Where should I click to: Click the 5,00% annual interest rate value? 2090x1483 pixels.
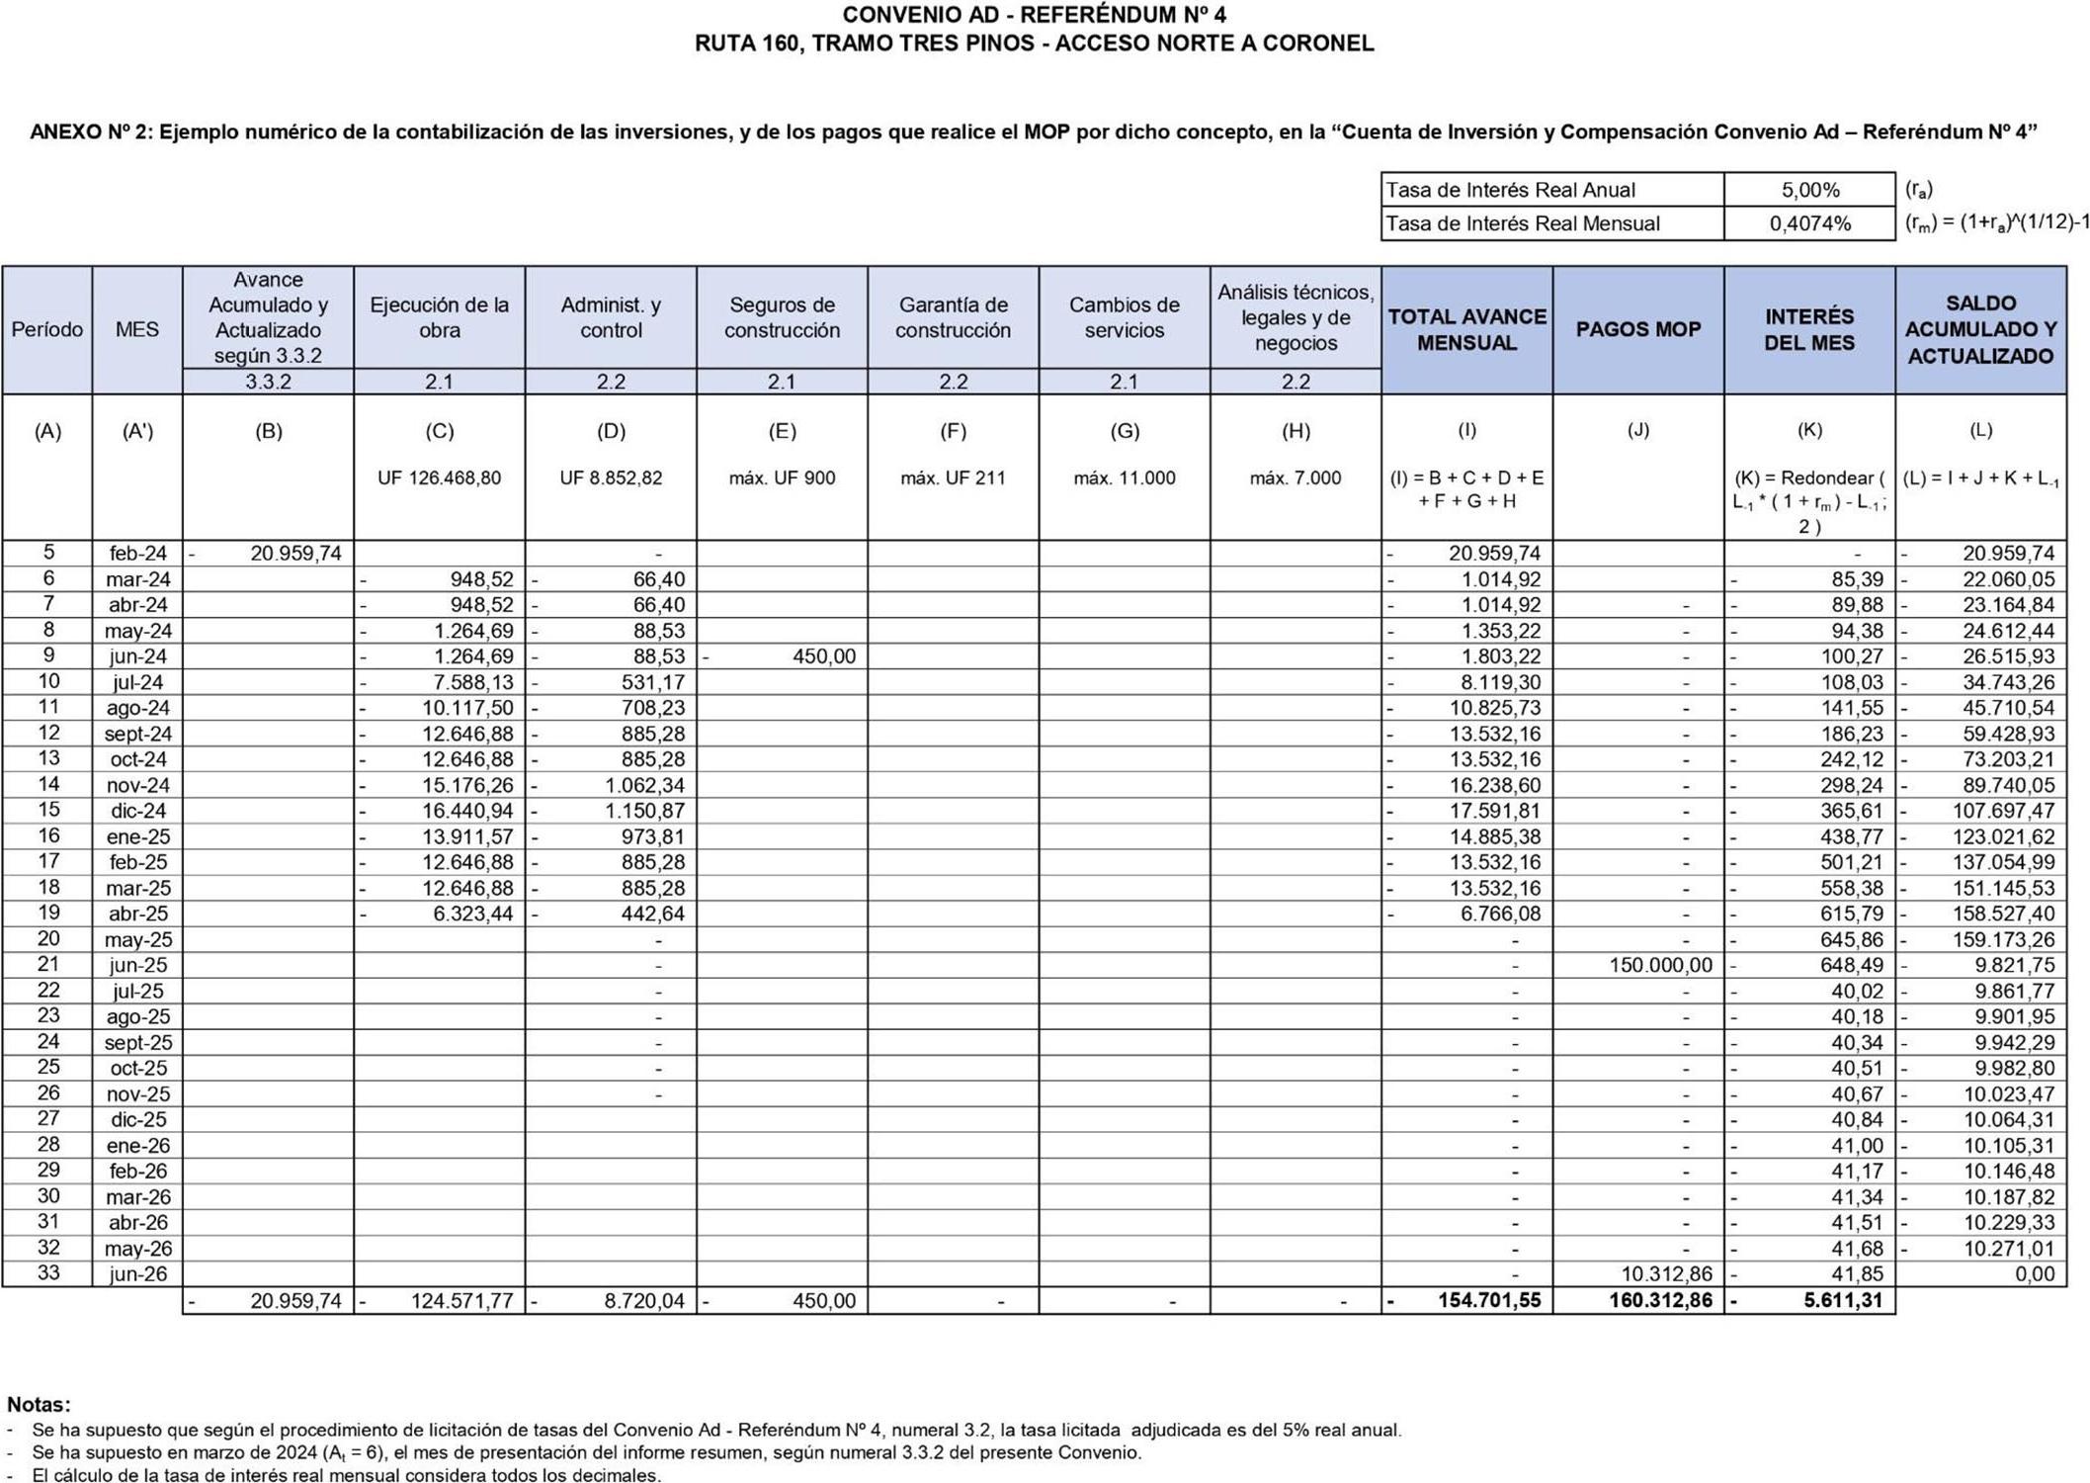pyautogui.click(x=1809, y=190)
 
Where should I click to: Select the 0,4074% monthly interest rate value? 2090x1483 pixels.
pyautogui.click(x=1809, y=223)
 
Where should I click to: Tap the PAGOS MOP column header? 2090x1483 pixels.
pyautogui.click(x=1637, y=329)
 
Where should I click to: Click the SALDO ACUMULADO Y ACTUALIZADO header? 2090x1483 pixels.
pyautogui.click(x=1980, y=329)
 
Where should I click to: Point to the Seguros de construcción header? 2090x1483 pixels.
pyautogui.click(x=782, y=317)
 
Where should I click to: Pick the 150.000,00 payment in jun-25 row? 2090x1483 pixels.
pyautogui.click(x=1660, y=965)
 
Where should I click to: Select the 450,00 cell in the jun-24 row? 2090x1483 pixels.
pyautogui.click(x=823, y=656)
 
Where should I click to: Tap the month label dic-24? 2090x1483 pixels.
pyautogui.click(x=137, y=811)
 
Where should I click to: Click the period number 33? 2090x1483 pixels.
pyautogui.click(x=47, y=1272)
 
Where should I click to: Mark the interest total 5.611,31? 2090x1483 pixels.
pyautogui.click(x=1843, y=1300)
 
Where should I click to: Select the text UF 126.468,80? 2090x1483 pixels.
pyautogui.click(x=439, y=478)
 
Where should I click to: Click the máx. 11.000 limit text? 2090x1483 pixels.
pyautogui.click(x=1124, y=478)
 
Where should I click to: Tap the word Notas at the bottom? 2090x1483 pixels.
pyautogui.click(x=39, y=1404)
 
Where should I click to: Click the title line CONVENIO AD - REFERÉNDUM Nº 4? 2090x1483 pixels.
pyautogui.click(x=1034, y=15)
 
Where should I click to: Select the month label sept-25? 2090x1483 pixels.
pyautogui.click(x=137, y=1042)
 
